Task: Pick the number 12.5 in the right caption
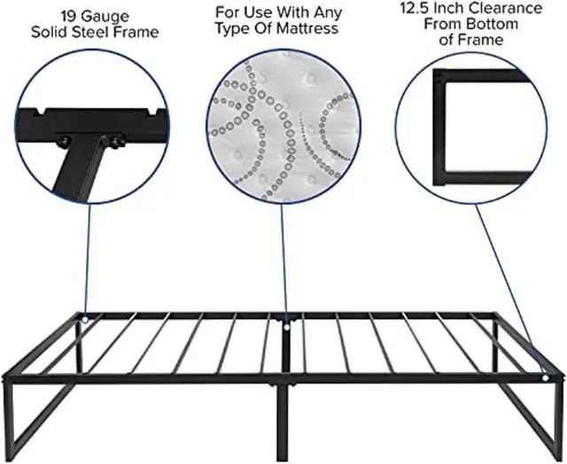click(x=416, y=8)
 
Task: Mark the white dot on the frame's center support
click(x=287, y=323)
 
